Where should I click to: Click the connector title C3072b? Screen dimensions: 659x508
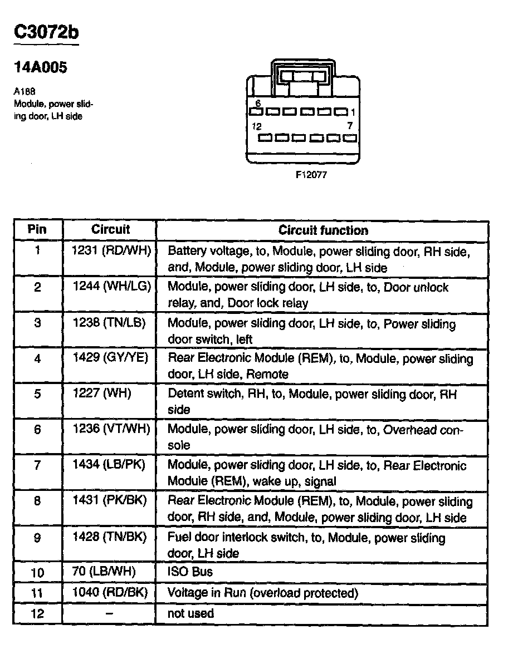46,33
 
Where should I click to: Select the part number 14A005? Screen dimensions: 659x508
40,68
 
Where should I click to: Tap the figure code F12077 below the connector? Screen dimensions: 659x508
311,175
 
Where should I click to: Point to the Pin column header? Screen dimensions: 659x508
37,230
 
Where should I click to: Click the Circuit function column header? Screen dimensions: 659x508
323,230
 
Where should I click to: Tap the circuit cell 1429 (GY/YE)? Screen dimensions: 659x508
111,358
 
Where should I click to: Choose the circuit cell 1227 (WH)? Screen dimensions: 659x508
101,394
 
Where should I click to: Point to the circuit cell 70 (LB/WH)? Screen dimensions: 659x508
104,572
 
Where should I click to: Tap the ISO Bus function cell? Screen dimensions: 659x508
190,572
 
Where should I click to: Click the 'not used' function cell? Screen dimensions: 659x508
190,613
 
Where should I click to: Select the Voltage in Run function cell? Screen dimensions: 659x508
262,593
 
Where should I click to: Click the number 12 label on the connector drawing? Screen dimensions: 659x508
256,126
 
